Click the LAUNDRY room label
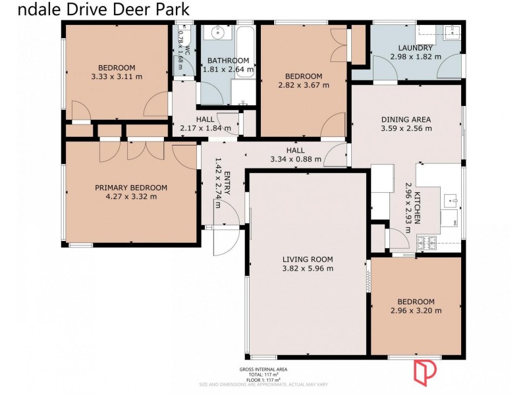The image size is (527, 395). [416, 47]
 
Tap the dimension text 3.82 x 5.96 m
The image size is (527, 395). [308, 268]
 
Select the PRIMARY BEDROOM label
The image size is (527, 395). [131, 188]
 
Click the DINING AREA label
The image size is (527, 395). [406, 119]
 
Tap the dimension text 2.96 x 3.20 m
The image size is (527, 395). [416, 310]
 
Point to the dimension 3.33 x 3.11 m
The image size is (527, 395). [117, 76]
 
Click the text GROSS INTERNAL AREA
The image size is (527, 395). [263, 369]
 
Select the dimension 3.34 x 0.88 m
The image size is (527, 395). [296, 159]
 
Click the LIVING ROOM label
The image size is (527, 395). [308, 259]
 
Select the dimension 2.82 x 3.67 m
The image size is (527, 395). [304, 85]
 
